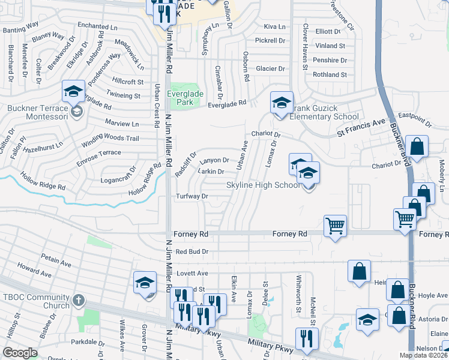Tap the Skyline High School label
pyautogui.click(x=263, y=185)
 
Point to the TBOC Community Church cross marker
pyautogui.click(x=78, y=299)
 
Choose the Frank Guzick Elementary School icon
pyautogui.click(x=281, y=103)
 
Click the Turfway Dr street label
pyautogui.click(x=192, y=196)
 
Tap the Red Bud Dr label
pyautogui.click(x=192, y=251)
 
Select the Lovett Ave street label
pyautogui.click(x=192, y=273)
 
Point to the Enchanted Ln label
pyautogui.click(x=97, y=27)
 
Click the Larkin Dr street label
pyautogui.click(x=211, y=172)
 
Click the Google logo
pyautogui.click(x=20, y=353)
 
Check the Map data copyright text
pyautogui.click(x=424, y=355)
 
